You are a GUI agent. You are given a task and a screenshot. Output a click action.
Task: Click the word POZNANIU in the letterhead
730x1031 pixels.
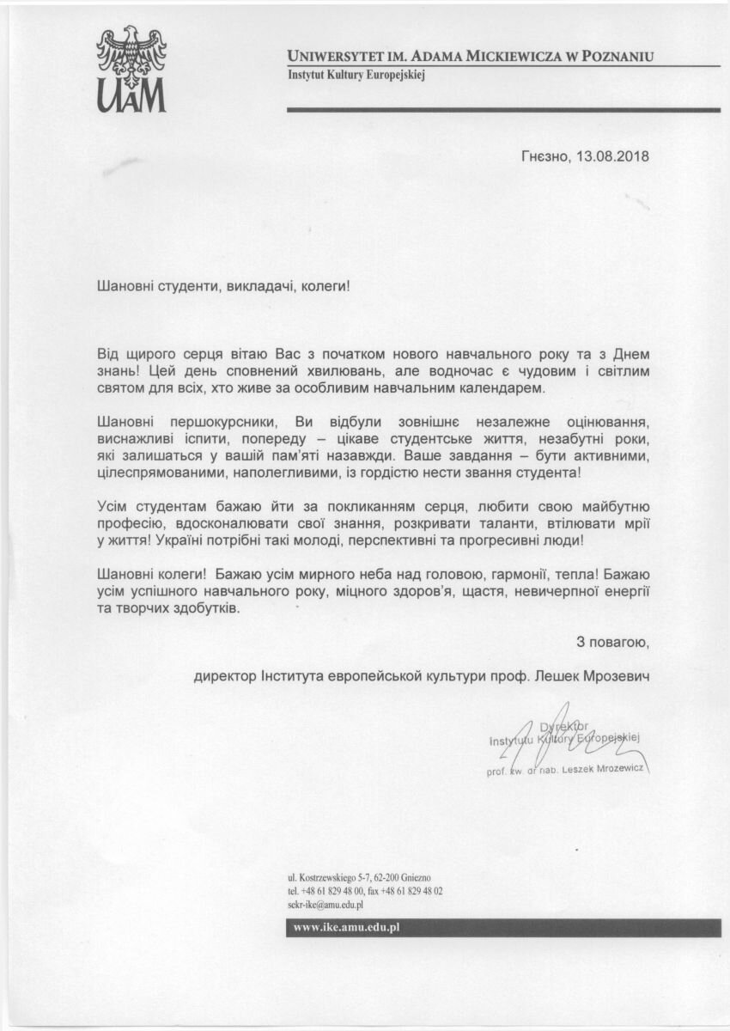(613, 57)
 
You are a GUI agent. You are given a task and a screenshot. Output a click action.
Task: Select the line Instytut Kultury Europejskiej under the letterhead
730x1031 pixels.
(356, 76)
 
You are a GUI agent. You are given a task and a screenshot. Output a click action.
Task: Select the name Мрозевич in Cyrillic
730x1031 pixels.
(616, 676)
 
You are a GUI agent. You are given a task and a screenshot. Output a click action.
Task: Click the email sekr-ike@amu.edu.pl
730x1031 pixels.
(326, 905)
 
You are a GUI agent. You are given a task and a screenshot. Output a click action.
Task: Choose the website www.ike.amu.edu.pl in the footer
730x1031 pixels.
(348, 927)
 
